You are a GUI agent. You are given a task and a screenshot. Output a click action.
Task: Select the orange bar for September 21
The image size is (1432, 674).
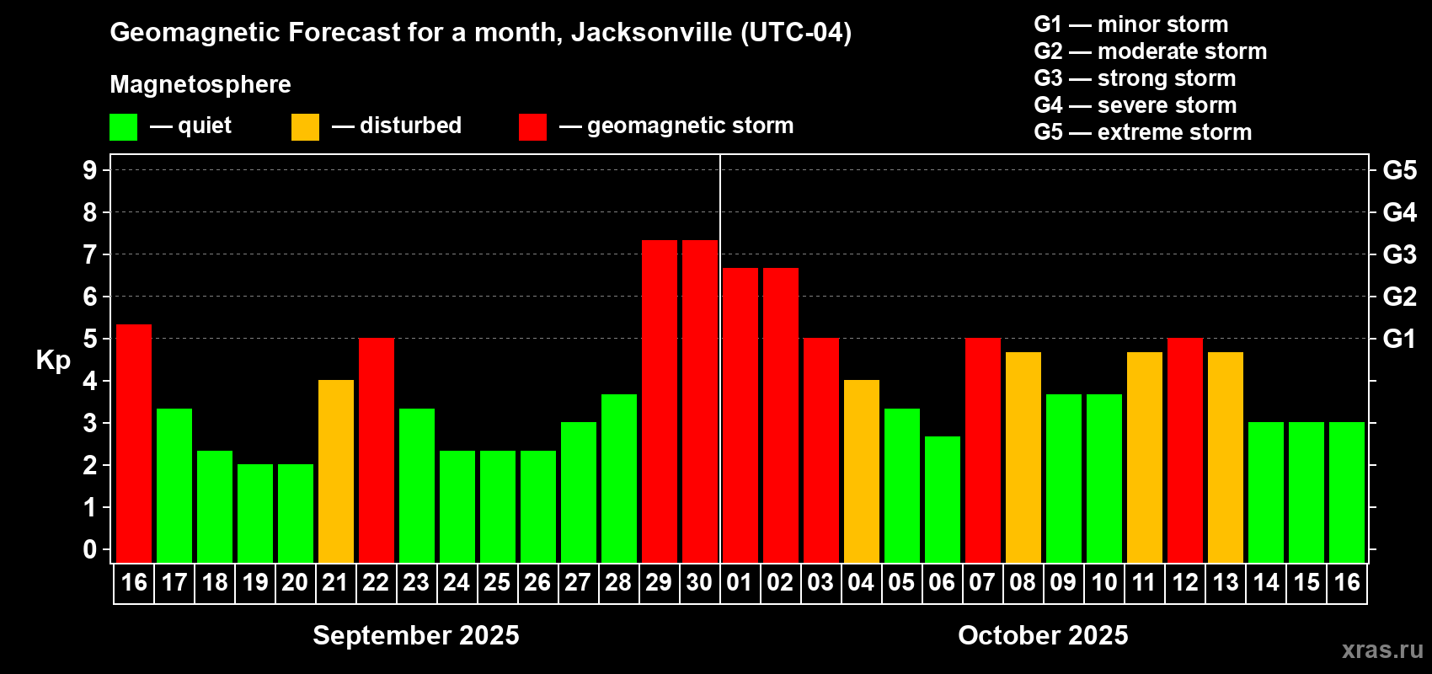tap(335, 471)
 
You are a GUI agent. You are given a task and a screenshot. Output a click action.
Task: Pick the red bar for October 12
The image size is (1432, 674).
tap(1184, 450)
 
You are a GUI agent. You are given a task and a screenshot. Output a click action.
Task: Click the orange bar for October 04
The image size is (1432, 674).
tap(861, 471)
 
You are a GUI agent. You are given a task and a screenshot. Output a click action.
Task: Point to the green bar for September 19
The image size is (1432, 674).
tap(254, 513)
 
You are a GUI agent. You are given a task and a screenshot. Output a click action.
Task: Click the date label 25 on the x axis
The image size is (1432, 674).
tap(497, 582)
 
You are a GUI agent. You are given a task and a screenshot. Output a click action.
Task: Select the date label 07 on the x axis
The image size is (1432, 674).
tap(982, 582)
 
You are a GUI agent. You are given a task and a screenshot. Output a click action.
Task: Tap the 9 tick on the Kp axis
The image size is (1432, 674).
tap(90, 170)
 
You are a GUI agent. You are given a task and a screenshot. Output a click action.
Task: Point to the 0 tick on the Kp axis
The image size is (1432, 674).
tap(90, 549)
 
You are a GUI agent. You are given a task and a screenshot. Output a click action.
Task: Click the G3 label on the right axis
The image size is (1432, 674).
tap(1399, 254)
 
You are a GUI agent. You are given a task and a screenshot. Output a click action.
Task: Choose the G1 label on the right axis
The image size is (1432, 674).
tap(1399, 339)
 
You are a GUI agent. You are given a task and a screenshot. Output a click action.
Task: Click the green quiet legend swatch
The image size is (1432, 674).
tap(123, 127)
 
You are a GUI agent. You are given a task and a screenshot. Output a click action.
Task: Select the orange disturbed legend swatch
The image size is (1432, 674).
tap(305, 127)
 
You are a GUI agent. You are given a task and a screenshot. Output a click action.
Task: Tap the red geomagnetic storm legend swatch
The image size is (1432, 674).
tap(532, 127)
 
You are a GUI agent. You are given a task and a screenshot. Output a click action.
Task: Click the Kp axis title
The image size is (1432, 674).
tap(53, 361)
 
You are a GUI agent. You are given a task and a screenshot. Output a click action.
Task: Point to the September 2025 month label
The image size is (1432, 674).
tap(416, 635)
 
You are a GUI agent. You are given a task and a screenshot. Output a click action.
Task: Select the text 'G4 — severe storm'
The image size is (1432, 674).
tap(1135, 105)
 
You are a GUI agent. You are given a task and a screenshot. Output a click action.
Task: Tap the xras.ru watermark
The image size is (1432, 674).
tap(1381, 650)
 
